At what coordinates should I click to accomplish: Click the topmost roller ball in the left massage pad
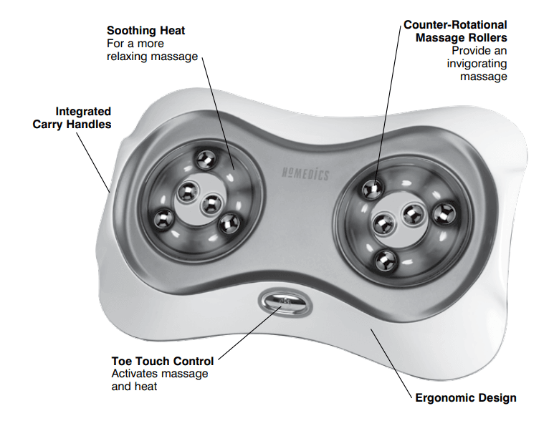(x=205, y=158)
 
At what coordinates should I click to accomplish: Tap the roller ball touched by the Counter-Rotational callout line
(x=372, y=188)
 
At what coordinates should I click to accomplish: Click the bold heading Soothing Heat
(x=145, y=31)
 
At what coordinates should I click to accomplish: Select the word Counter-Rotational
(x=455, y=25)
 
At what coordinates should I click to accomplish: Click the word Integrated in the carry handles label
(x=84, y=112)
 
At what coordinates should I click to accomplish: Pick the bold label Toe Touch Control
(x=163, y=361)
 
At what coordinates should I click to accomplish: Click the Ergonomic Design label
(x=466, y=397)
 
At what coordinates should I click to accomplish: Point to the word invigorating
(x=477, y=63)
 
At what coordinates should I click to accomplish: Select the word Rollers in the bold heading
(x=487, y=37)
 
